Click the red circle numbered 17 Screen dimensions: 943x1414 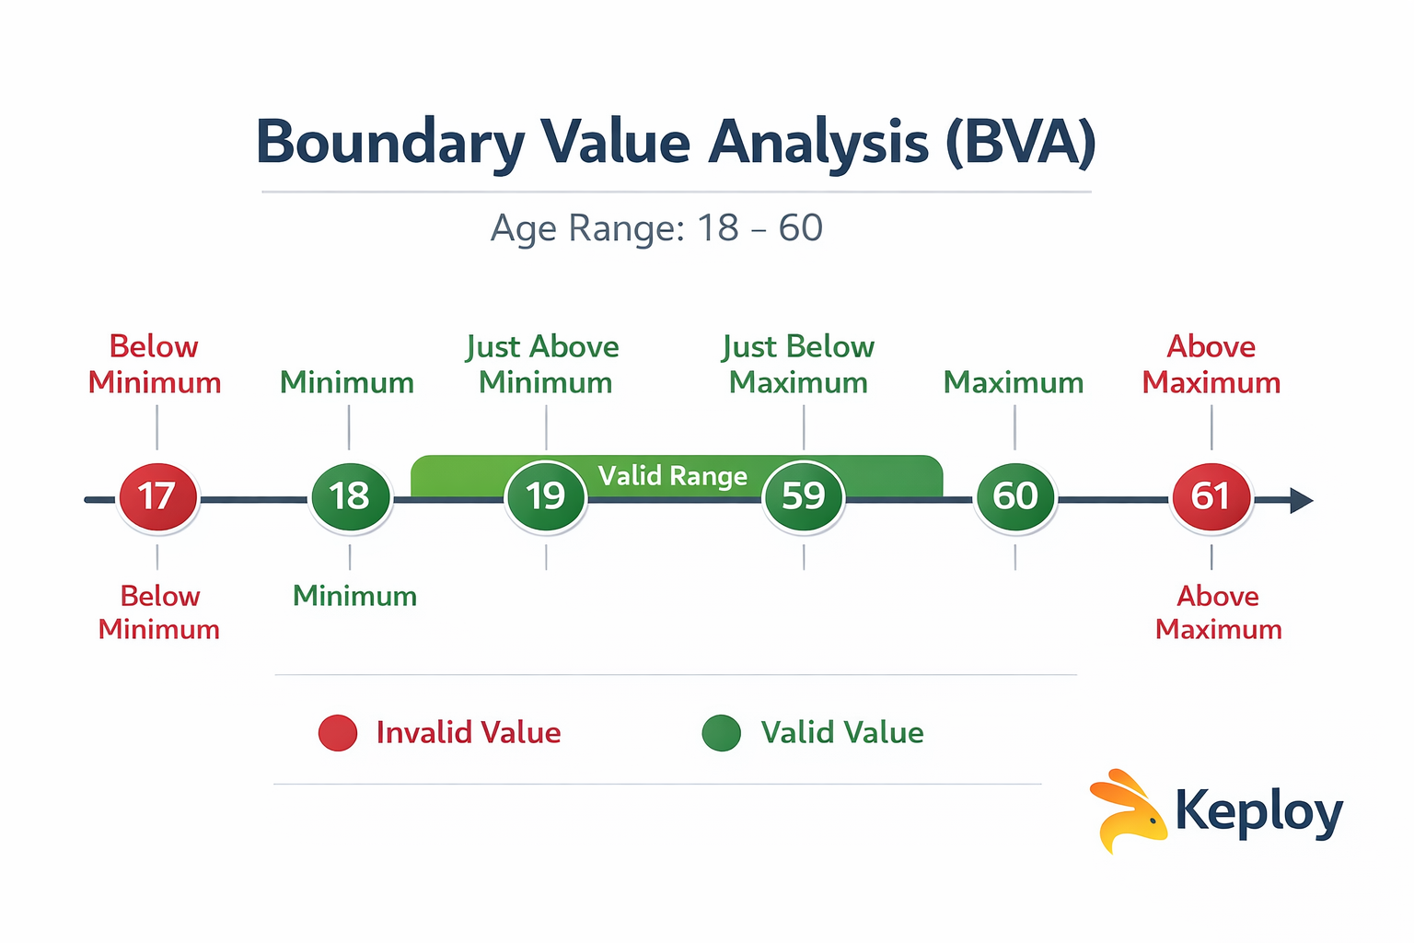pyautogui.click(x=158, y=497)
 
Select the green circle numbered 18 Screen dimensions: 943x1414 pyautogui.click(x=350, y=497)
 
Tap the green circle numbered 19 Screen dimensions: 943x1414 pyautogui.click(x=546, y=497)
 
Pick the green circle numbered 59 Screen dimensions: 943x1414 pyautogui.click(x=804, y=497)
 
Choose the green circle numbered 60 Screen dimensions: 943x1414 pyautogui.click(x=1014, y=497)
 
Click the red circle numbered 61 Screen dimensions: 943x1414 pyautogui.click(x=1211, y=497)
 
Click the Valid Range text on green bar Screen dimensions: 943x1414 pyautogui.click(x=673, y=476)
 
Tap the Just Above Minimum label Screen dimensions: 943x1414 pyautogui.click(x=544, y=364)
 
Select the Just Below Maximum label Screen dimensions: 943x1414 pyautogui.click(x=798, y=364)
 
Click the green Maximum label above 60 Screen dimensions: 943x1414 pyautogui.click(x=1014, y=382)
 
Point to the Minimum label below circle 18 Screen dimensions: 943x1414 pyautogui.click(x=354, y=596)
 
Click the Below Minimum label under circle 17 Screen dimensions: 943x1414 pyautogui.click(x=159, y=612)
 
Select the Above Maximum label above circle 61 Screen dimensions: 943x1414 pyautogui.click(x=1211, y=364)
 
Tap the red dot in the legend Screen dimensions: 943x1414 pyautogui.click(x=338, y=733)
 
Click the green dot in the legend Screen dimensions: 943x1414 pyautogui.click(x=721, y=733)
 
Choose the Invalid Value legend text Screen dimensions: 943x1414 pyautogui.click(x=469, y=733)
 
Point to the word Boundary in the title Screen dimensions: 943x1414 pyautogui.click(x=389, y=143)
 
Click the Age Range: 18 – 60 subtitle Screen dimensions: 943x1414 pyautogui.click(x=656, y=227)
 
